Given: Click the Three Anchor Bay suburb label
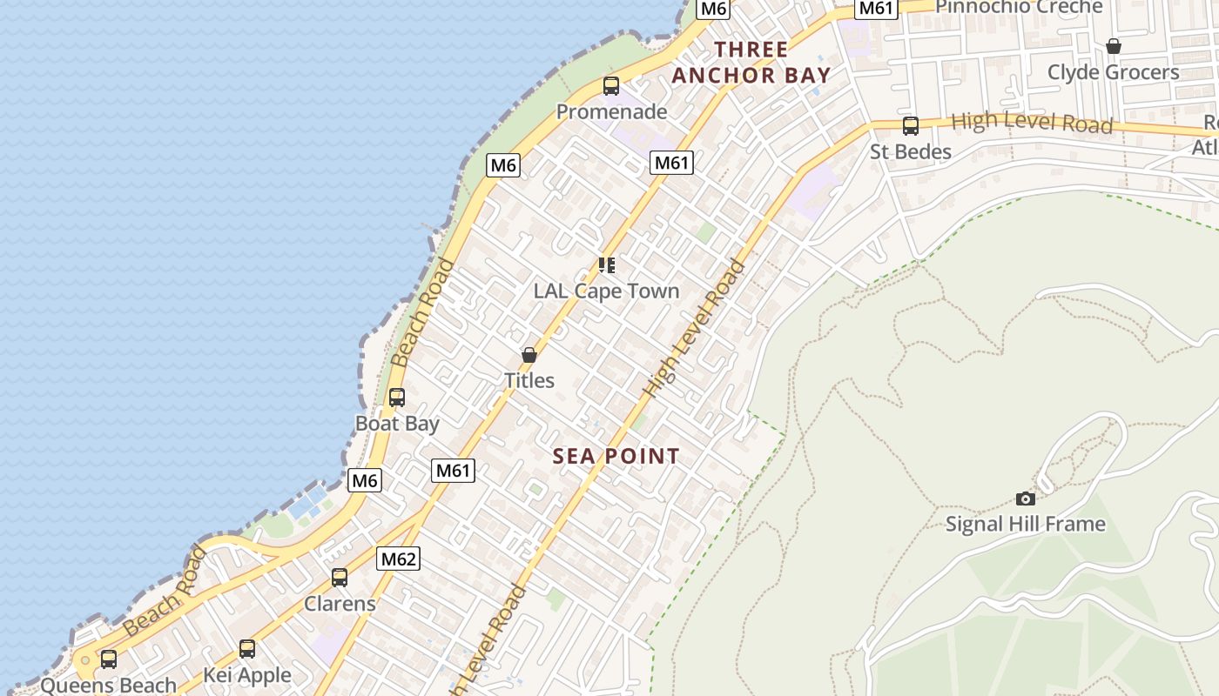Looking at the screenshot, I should [751, 62].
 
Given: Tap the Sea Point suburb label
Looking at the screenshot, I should [616, 456].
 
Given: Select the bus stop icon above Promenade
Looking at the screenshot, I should [611, 86].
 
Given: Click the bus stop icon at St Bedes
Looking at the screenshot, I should [911, 126].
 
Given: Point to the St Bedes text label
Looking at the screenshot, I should [911, 151].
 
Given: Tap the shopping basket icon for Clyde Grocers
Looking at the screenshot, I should [1113, 46].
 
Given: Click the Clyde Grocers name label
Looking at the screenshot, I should [1113, 72].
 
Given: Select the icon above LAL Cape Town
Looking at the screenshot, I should [607, 265].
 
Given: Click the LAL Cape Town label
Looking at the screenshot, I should [606, 291].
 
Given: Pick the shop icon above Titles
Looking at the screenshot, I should [529, 355].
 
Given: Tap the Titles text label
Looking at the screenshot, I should [529, 380].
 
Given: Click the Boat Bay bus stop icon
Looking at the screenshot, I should [397, 398].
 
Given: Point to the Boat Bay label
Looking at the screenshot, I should [397, 424].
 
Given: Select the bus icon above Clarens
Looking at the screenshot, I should [340, 578].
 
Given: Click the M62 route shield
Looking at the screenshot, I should [398, 559].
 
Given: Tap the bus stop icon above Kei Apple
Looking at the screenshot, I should [247, 649].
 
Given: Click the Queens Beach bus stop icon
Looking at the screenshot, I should [109, 659].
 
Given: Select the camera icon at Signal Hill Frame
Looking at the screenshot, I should [1026, 499].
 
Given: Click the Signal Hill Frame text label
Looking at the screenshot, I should [1026, 524].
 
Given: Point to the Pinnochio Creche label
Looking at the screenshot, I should [1019, 7].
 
